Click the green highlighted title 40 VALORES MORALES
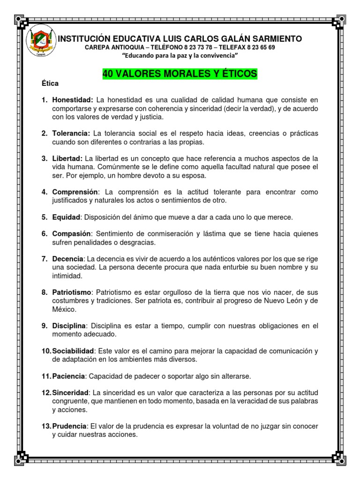click(x=180, y=74)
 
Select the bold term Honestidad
click(x=72, y=100)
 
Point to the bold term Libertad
click(x=68, y=158)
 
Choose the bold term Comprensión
click(x=75, y=192)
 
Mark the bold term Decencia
click(x=68, y=259)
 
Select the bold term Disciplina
click(x=69, y=326)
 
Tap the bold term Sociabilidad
click(x=73, y=351)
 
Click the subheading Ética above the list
click(x=50, y=83)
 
